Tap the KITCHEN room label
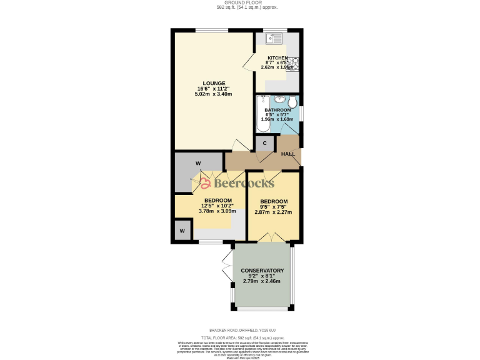(277, 57)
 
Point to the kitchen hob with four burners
(294, 62)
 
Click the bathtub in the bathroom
(262, 114)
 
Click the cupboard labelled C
(265, 144)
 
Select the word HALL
(288, 153)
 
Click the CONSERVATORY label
(262, 271)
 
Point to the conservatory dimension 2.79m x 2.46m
(262, 281)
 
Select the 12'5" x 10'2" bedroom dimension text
(217, 206)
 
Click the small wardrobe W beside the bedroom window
(183, 231)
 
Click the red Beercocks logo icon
(205, 183)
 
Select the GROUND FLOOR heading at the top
(239, 3)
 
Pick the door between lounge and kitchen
(249, 62)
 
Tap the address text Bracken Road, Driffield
(239, 330)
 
